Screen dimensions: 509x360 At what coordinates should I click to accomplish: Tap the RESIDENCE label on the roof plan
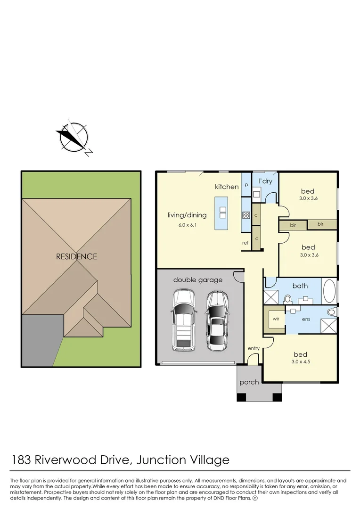click(x=77, y=257)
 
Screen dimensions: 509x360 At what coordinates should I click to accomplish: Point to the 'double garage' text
click(x=197, y=280)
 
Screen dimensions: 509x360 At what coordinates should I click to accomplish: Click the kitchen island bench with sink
click(x=221, y=213)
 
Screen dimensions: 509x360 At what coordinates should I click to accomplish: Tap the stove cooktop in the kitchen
click(x=246, y=215)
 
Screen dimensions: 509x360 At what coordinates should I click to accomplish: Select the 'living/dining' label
click(x=187, y=215)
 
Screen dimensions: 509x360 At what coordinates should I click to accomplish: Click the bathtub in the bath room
click(x=329, y=291)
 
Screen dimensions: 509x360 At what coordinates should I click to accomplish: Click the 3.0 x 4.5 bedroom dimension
click(x=300, y=362)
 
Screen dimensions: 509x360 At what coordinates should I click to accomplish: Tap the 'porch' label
click(x=249, y=382)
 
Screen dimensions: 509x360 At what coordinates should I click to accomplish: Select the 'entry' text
click(x=254, y=348)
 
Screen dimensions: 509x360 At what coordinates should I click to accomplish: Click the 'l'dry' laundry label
click(x=265, y=181)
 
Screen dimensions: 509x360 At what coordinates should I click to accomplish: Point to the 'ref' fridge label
click(x=245, y=243)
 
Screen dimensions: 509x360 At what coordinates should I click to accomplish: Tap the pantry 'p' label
click(x=246, y=185)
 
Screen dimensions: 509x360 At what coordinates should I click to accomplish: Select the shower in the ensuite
click(x=328, y=326)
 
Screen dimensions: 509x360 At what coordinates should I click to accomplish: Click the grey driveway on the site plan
click(x=41, y=339)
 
